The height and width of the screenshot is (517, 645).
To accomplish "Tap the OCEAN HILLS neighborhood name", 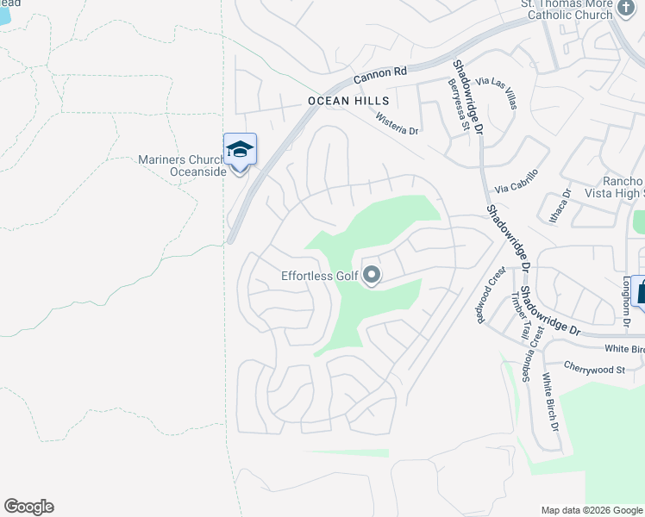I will click(342, 101).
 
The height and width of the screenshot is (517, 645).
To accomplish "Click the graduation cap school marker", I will click(240, 150).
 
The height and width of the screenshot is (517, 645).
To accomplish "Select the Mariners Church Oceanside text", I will click(183, 165).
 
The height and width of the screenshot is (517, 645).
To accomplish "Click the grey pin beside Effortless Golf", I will click(373, 276).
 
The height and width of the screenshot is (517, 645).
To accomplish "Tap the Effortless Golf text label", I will click(320, 277).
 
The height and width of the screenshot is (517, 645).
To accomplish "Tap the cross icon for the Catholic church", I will click(626, 4).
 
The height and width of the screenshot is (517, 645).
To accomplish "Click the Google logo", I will click(28, 507).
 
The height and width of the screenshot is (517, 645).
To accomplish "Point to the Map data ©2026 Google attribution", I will click(592, 510).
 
